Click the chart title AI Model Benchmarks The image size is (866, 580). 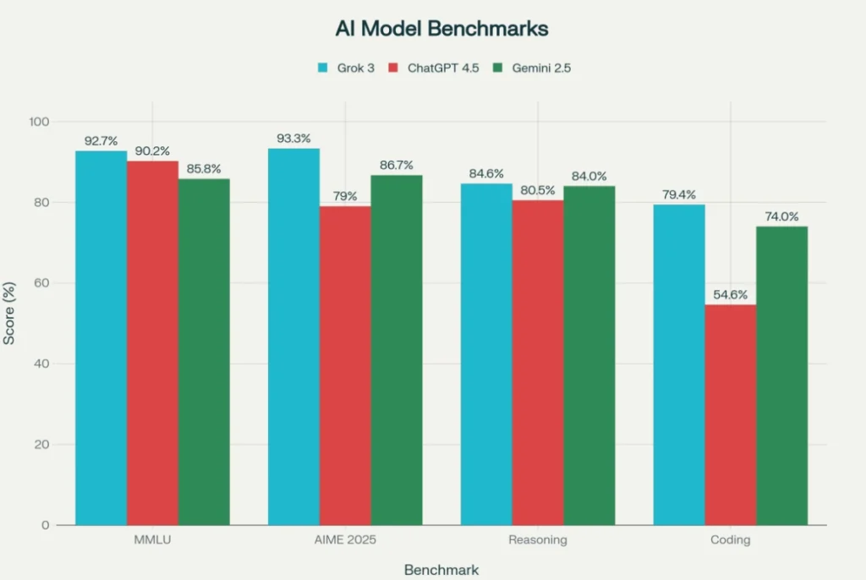tap(441, 28)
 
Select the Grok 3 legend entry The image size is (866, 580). tap(345, 68)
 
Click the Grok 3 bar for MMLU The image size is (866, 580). tap(101, 338)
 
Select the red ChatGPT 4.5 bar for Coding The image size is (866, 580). tap(730, 414)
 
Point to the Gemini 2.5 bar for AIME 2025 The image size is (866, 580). tap(396, 350)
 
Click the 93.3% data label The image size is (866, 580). tap(294, 139)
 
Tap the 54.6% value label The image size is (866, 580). tap(730, 295)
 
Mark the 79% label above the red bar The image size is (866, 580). tap(345, 197)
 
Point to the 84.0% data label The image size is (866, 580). tap(589, 176)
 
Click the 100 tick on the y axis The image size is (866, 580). tap(39, 122)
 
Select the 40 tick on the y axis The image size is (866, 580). tap(42, 364)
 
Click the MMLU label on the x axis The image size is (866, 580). tap(152, 539)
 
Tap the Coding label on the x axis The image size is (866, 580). tap(730, 539)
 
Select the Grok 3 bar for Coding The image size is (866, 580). tap(678, 364)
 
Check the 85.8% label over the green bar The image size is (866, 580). tap(204, 169)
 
